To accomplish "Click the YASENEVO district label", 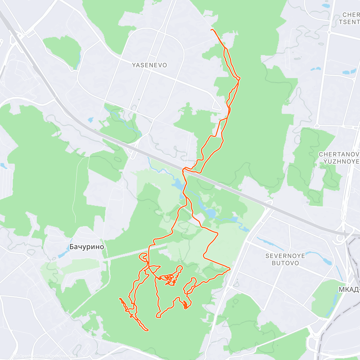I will [149, 65].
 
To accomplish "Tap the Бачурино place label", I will [87, 247].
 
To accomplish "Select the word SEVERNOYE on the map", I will [285, 256].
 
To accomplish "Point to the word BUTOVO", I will [285, 263].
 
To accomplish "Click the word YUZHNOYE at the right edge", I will [341, 161].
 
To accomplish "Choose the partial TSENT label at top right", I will [349, 22].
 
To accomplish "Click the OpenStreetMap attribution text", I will [62, 356].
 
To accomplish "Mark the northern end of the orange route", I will [211, 30].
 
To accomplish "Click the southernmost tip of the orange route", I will [147, 330].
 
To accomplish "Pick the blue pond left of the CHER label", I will [325, 6].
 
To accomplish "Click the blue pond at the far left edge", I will [3, 166].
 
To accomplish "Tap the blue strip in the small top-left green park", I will [78, 59].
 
